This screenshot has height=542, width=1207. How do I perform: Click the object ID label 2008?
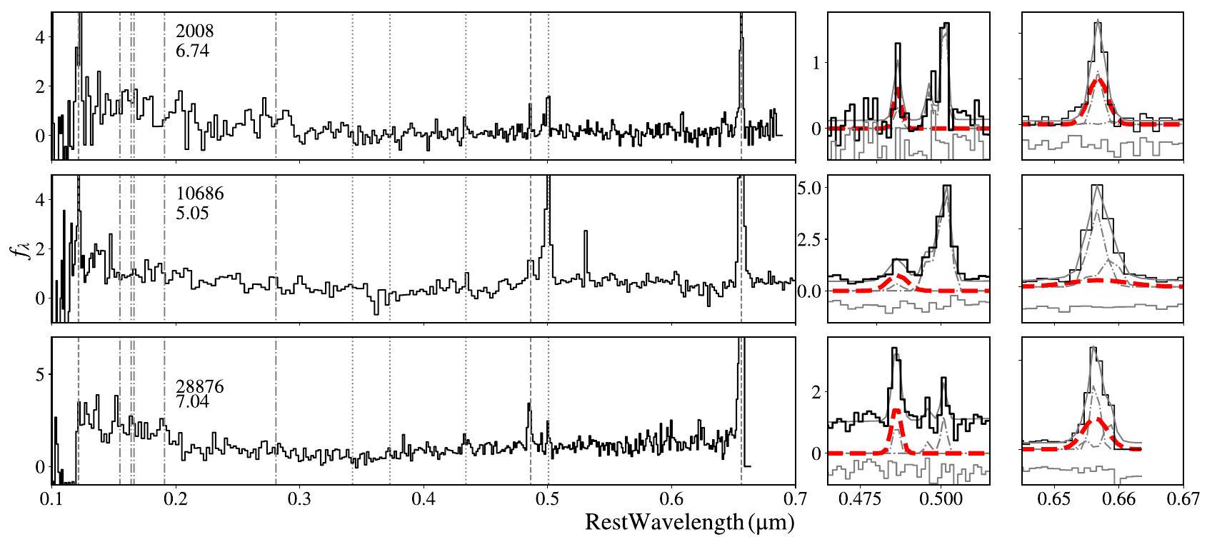[x=194, y=32]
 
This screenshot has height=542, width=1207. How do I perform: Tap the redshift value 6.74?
[x=192, y=51]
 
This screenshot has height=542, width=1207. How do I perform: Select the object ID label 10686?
[x=199, y=195]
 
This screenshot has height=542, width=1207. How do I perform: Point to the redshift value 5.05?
[x=192, y=213]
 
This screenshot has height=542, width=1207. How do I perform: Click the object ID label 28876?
[x=199, y=387]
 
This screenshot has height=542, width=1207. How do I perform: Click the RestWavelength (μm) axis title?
[x=689, y=523]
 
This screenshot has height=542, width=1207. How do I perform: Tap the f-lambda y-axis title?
[x=26, y=251]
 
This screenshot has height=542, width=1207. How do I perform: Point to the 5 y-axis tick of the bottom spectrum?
[x=40, y=374]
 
